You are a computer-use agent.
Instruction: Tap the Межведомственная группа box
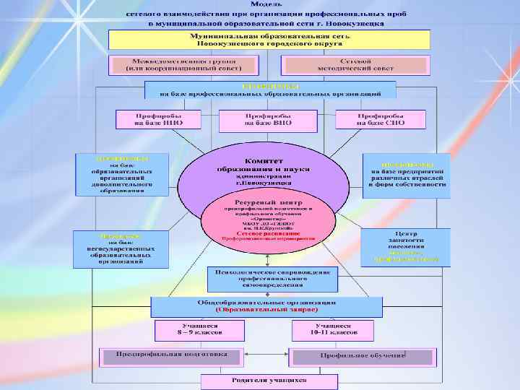click(183, 64)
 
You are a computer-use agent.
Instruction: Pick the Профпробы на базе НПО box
click(157, 120)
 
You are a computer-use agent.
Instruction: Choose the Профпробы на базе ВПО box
click(268, 120)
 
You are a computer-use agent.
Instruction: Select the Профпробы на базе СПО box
click(379, 120)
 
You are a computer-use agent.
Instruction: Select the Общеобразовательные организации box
click(266, 306)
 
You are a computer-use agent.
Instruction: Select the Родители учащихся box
click(269, 381)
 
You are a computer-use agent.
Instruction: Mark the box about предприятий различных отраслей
click(402, 174)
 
